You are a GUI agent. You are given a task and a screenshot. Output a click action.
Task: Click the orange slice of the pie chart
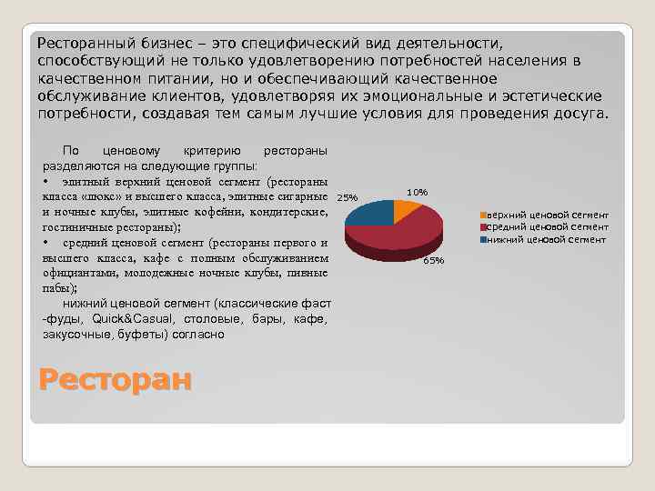point(405,210)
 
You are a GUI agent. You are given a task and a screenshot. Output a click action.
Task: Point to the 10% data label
point(418,192)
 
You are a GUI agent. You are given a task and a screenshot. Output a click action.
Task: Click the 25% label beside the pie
point(348,197)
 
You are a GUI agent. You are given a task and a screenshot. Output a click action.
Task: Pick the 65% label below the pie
point(433,261)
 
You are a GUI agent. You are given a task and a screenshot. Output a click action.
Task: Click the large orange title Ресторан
point(116,378)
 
